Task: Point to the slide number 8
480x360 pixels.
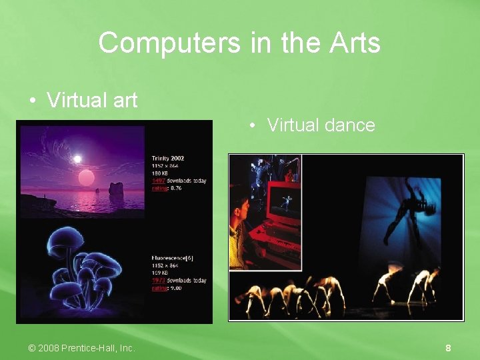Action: point(449,348)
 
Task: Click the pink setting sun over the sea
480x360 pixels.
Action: point(87,177)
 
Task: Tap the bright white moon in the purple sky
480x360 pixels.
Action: point(77,159)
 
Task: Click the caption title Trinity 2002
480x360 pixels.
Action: point(168,158)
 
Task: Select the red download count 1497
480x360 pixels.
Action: point(159,181)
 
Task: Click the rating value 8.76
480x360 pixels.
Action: point(176,188)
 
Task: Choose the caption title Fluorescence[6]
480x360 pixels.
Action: point(172,259)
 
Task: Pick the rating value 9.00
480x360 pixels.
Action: point(176,288)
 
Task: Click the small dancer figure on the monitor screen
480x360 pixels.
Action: point(287,199)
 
